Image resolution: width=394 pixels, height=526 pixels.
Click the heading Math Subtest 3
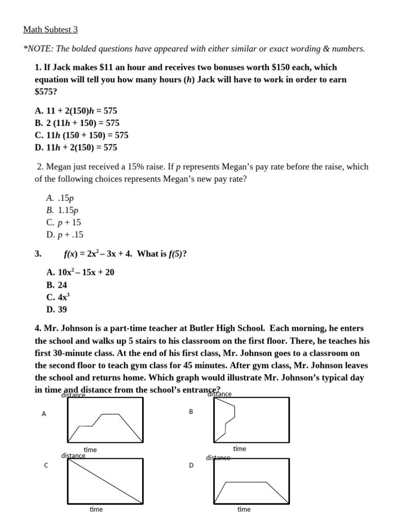pos(50,30)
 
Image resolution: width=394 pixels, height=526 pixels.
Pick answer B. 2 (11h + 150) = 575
pos(77,123)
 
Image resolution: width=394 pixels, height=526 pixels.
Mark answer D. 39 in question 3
pos(56,309)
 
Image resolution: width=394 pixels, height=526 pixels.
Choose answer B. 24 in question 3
pos(56,285)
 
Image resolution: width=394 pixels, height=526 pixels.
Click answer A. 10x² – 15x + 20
pos(80,272)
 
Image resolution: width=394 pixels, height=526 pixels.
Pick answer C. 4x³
pos(57,297)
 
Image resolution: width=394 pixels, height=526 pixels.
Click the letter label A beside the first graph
pos(44,414)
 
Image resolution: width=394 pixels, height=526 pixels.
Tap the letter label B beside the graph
pos(191,412)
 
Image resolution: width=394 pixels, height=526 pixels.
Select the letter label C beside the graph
pos(46,465)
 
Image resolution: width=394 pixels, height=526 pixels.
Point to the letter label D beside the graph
pos(191,465)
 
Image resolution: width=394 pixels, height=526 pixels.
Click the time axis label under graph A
pos(90,450)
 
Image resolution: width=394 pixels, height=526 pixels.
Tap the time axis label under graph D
pos(244,509)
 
